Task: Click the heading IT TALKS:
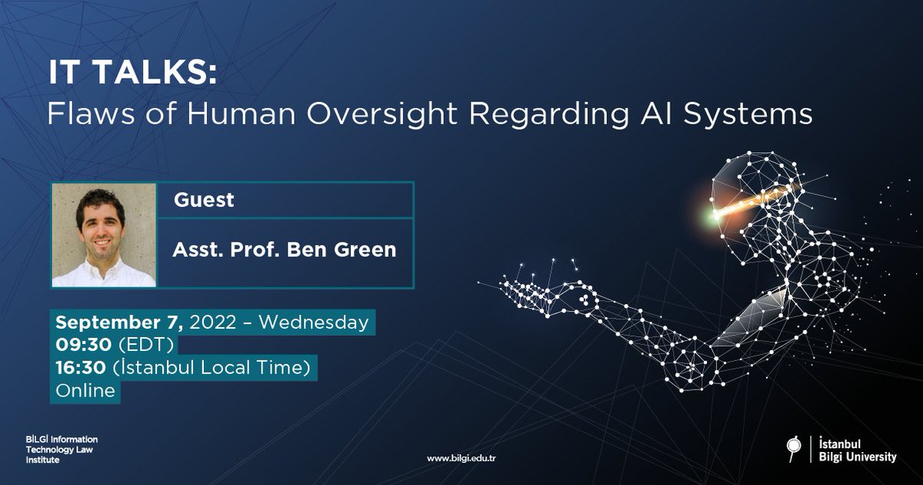[133, 74]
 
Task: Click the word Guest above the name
[204, 200]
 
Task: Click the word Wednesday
[314, 322]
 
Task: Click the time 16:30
[81, 368]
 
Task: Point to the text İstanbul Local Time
[214, 368]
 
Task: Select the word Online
[85, 391]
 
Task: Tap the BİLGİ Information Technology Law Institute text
[62, 449]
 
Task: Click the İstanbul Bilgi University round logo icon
[793, 447]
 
